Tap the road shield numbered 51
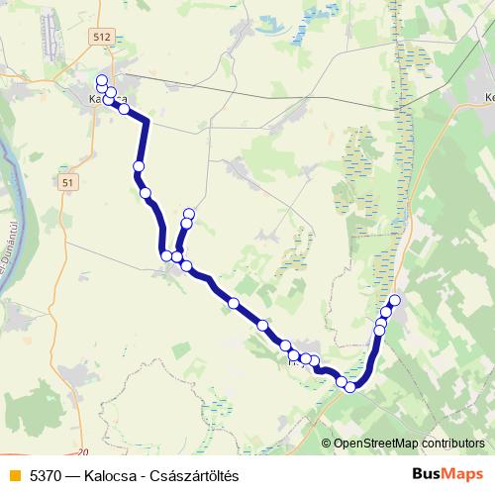point(66,183)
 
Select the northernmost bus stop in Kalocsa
point(102,80)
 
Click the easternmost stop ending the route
point(395,300)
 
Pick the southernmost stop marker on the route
point(349,387)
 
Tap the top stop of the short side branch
point(188,214)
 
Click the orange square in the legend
point(13,475)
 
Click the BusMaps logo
point(448,474)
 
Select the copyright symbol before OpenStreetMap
point(327,444)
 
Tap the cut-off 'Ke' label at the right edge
point(489,97)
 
